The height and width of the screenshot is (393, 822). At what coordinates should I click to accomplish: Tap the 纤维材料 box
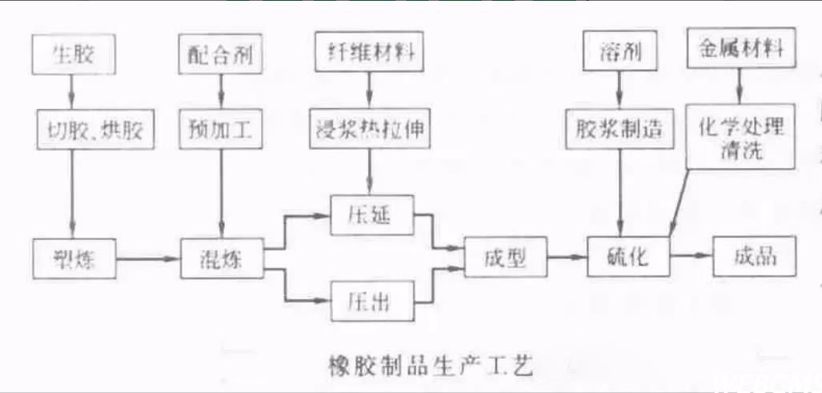[369, 53]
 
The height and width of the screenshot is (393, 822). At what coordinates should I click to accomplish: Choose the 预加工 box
[219, 128]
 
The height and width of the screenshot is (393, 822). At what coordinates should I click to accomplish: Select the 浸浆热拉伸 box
[369, 128]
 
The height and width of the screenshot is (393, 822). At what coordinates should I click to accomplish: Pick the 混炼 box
[219, 258]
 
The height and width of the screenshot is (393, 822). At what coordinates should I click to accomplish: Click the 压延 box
[369, 215]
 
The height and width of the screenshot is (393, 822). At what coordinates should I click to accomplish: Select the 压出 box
[369, 302]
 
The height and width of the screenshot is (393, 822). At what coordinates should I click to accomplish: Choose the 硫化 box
[628, 258]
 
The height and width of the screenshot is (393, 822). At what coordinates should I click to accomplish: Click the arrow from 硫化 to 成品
[691, 256]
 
